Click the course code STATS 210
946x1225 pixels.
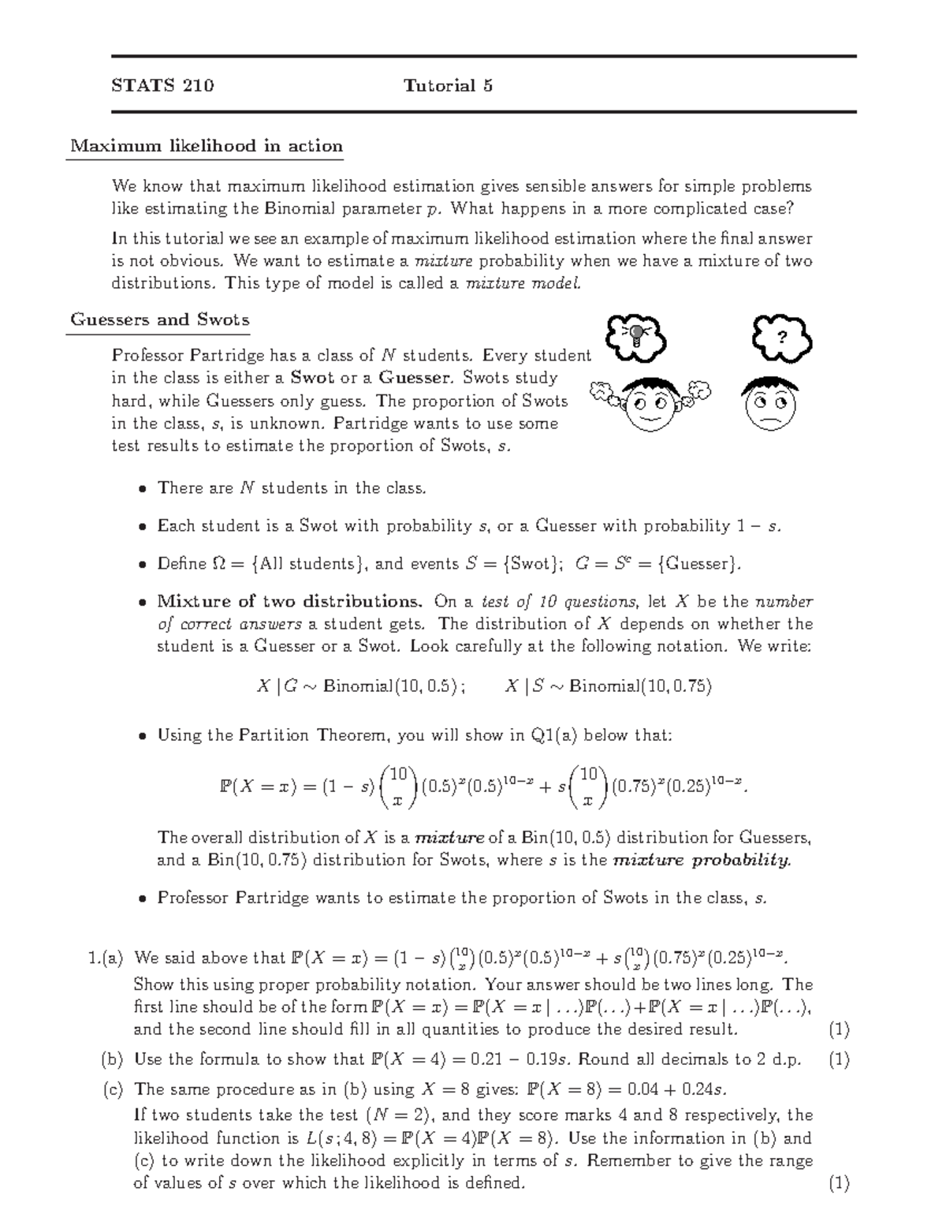tap(162, 86)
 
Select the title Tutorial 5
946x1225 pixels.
tap(448, 86)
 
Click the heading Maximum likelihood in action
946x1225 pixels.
tap(207, 146)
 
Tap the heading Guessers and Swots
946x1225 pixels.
tap(160, 319)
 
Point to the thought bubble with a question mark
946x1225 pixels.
tap(781, 337)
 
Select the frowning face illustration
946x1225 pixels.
tap(769, 402)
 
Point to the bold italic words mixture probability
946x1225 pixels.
tap(702, 860)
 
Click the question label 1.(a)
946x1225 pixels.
tap(106, 958)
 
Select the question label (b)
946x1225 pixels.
tap(113, 1059)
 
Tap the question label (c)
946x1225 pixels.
tap(113, 1089)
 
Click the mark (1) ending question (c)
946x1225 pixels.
tap(839, 1183)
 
